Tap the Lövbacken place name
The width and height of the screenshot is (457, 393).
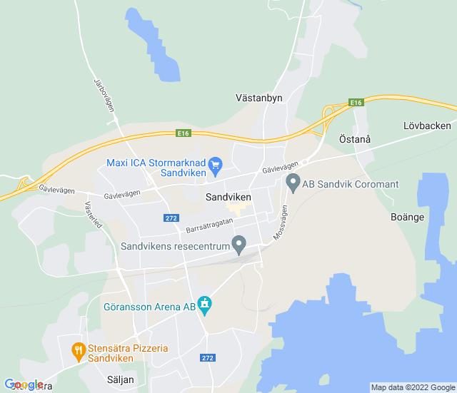[427, 126]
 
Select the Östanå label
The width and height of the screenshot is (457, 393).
[354, 139]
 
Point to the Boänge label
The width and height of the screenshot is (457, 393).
[408, 217]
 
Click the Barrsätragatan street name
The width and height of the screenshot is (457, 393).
[209, 225]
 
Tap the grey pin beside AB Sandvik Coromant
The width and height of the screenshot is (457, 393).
[293, 183]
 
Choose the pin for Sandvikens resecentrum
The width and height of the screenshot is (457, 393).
[240, 245]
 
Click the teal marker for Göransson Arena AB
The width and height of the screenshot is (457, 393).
[206, 305]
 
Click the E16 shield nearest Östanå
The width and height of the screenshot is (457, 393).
[357, 103]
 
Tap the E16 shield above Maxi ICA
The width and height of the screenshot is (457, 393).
[184, 133]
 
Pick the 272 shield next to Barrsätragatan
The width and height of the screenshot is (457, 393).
[171, 218]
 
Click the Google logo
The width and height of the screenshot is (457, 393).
[24, 385]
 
